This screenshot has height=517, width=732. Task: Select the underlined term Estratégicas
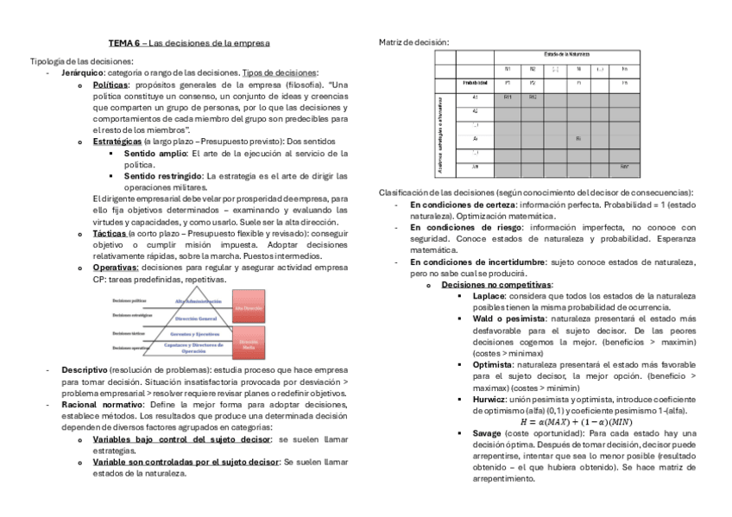pyautogui.click(x=117, y=141)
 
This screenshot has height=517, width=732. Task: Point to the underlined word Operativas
pyautogui.click(x=115, y=267)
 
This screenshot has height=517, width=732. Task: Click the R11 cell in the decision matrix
pyautogui.click(x=508, y=97)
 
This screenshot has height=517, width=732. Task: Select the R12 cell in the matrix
pyautogui.click(x=533, y=97)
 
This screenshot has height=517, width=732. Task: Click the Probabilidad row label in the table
pyautogui.click(x=475, y=82)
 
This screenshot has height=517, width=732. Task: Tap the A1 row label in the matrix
pyautogui.click(x=475, y=97)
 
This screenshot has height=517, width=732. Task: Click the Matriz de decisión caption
pyautogui.click(x=413, y=41)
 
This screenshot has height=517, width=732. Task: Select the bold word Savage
pyautogui.click(x=488, y=432)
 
